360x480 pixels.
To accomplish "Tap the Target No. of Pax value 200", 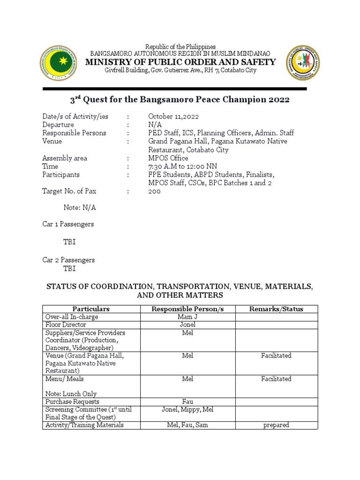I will click(x=154, y=191).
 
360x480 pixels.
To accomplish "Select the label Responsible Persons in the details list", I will click(x=74, y=133).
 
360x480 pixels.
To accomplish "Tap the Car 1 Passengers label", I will click(x=68, y=224).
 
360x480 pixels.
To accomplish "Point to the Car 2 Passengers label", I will click(x=68, y=260).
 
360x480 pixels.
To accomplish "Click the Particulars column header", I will click(x=91, y=309).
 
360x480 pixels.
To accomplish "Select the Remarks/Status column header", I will click(x=276, y=309).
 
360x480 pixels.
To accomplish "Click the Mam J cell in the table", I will click(x=187, y=317).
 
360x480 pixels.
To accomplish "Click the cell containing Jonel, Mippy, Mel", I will click(x=187, y=409).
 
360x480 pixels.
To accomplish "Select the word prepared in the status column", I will click(x=276, y=425).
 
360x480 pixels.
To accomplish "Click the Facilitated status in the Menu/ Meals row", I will click(x=276, y=379).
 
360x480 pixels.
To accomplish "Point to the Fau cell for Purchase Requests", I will click(x=187, y=402).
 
